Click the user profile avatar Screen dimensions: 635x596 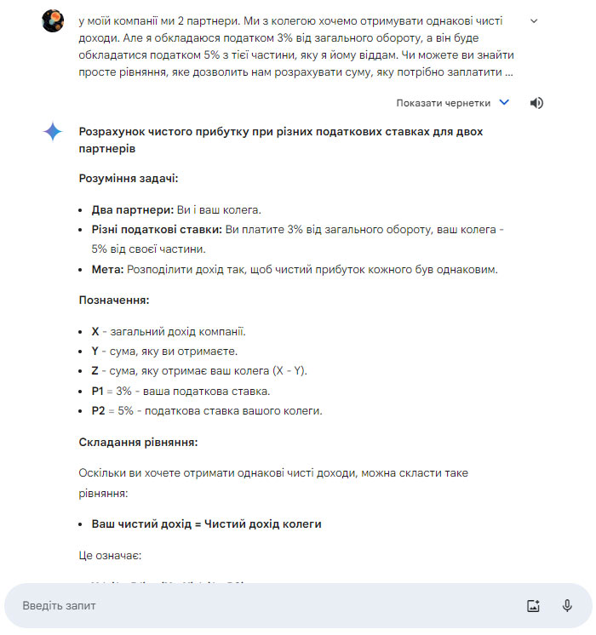53,21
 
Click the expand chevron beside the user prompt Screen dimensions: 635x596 534,21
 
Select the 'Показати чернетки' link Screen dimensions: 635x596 443,103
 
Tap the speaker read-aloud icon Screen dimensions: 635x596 536,103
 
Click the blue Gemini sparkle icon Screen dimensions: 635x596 53,132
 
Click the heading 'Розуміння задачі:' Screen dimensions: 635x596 129,179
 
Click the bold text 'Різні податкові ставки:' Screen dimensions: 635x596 157,230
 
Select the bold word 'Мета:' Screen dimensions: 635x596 107,270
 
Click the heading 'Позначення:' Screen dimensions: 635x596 113,300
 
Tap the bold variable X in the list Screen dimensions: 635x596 95,331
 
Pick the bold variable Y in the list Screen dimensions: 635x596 95,351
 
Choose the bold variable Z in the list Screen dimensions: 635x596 95,371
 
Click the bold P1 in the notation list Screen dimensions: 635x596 99,391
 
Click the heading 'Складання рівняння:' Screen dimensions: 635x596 138,443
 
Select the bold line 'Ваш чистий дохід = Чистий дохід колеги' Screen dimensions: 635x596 206,523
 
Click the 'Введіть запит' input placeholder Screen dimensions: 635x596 60,606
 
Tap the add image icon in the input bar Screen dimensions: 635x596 534,606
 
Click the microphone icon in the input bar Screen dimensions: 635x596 567,606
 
